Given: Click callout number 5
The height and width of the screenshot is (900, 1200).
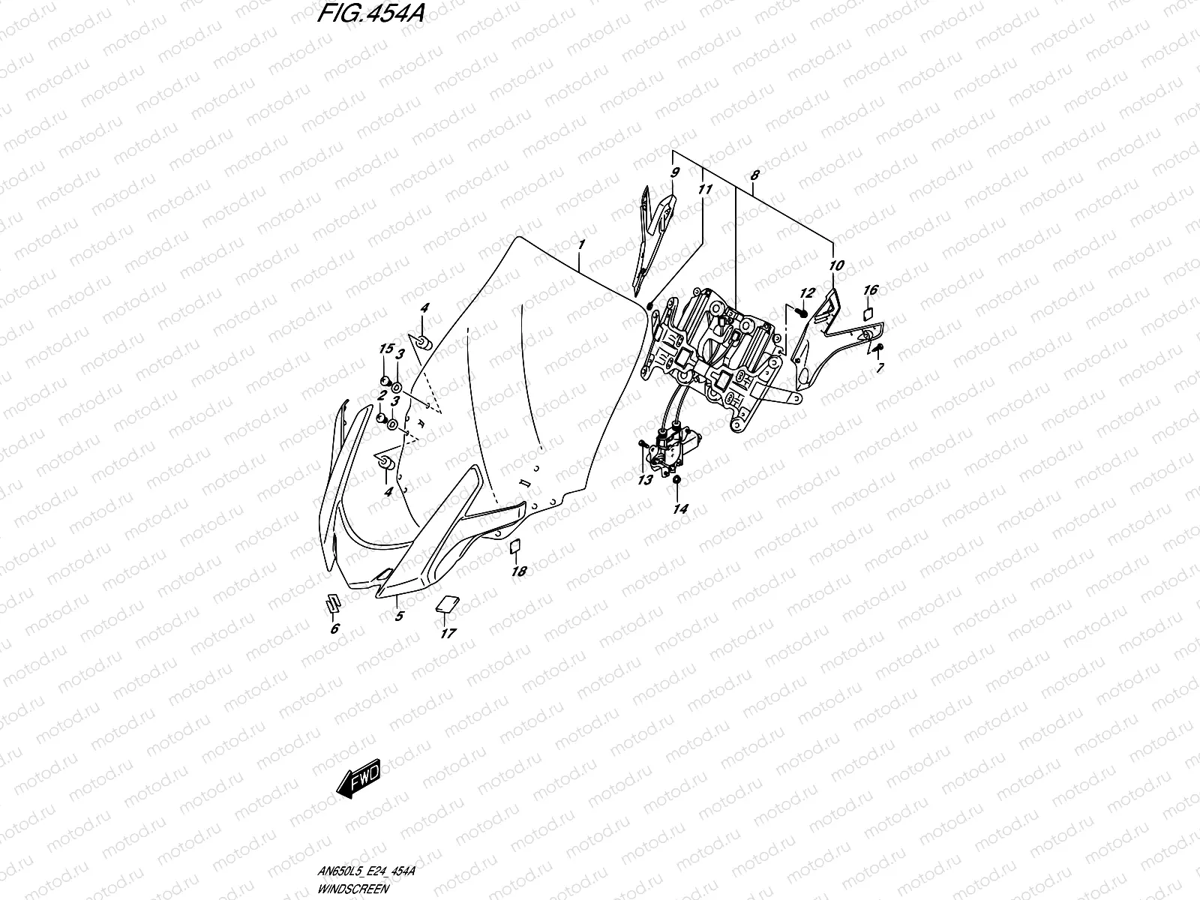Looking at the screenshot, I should point(399,616).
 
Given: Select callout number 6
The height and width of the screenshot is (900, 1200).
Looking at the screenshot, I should point(334,628).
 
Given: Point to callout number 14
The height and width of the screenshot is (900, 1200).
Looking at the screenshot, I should point(680,508).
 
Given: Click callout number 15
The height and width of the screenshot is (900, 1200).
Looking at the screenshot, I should point(386,349).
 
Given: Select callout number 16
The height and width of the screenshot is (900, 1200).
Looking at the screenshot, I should point(870,290).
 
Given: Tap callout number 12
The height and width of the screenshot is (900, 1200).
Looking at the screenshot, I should point(806,292).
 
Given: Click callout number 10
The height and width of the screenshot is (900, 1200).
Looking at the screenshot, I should point(837,265).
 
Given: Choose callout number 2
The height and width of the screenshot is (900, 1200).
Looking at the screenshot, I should point(381,395).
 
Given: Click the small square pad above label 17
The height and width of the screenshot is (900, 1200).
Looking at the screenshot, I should point(448,603).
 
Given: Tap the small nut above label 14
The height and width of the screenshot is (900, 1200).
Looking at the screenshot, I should point(677,479).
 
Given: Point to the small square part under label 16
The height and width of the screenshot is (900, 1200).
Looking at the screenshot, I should point(869,313).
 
